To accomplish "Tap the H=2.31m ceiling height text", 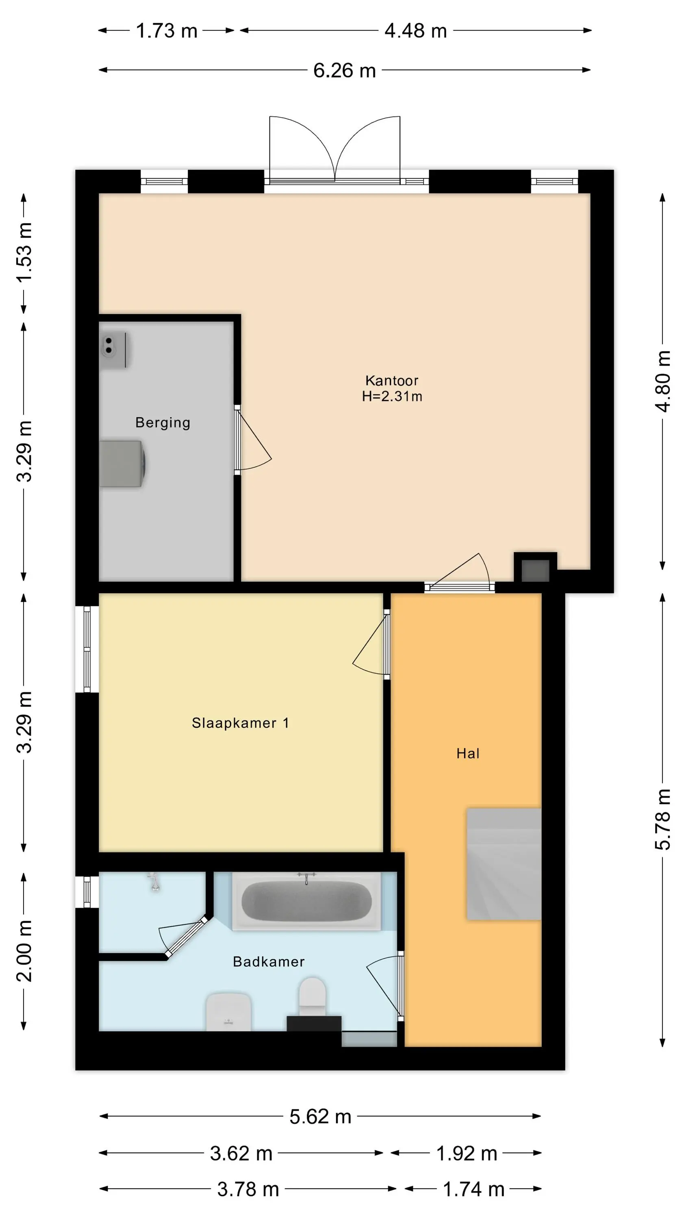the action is click(x=392, y=396).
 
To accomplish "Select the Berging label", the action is click(x=163, y=423).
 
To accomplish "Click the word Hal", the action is click(x=468, y=753).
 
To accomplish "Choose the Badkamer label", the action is click(x=269, y=961).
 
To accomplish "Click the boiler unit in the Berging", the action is click(x=114, y=350).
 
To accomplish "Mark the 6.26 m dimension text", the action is click(x=344, y=71).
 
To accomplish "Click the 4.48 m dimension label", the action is click(x=415, y=31).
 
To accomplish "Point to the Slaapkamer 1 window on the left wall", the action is click(x=87, y=649).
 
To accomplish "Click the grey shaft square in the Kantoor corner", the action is click(x=535, y=570).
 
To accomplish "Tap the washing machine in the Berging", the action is click(x=122, y=464).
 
